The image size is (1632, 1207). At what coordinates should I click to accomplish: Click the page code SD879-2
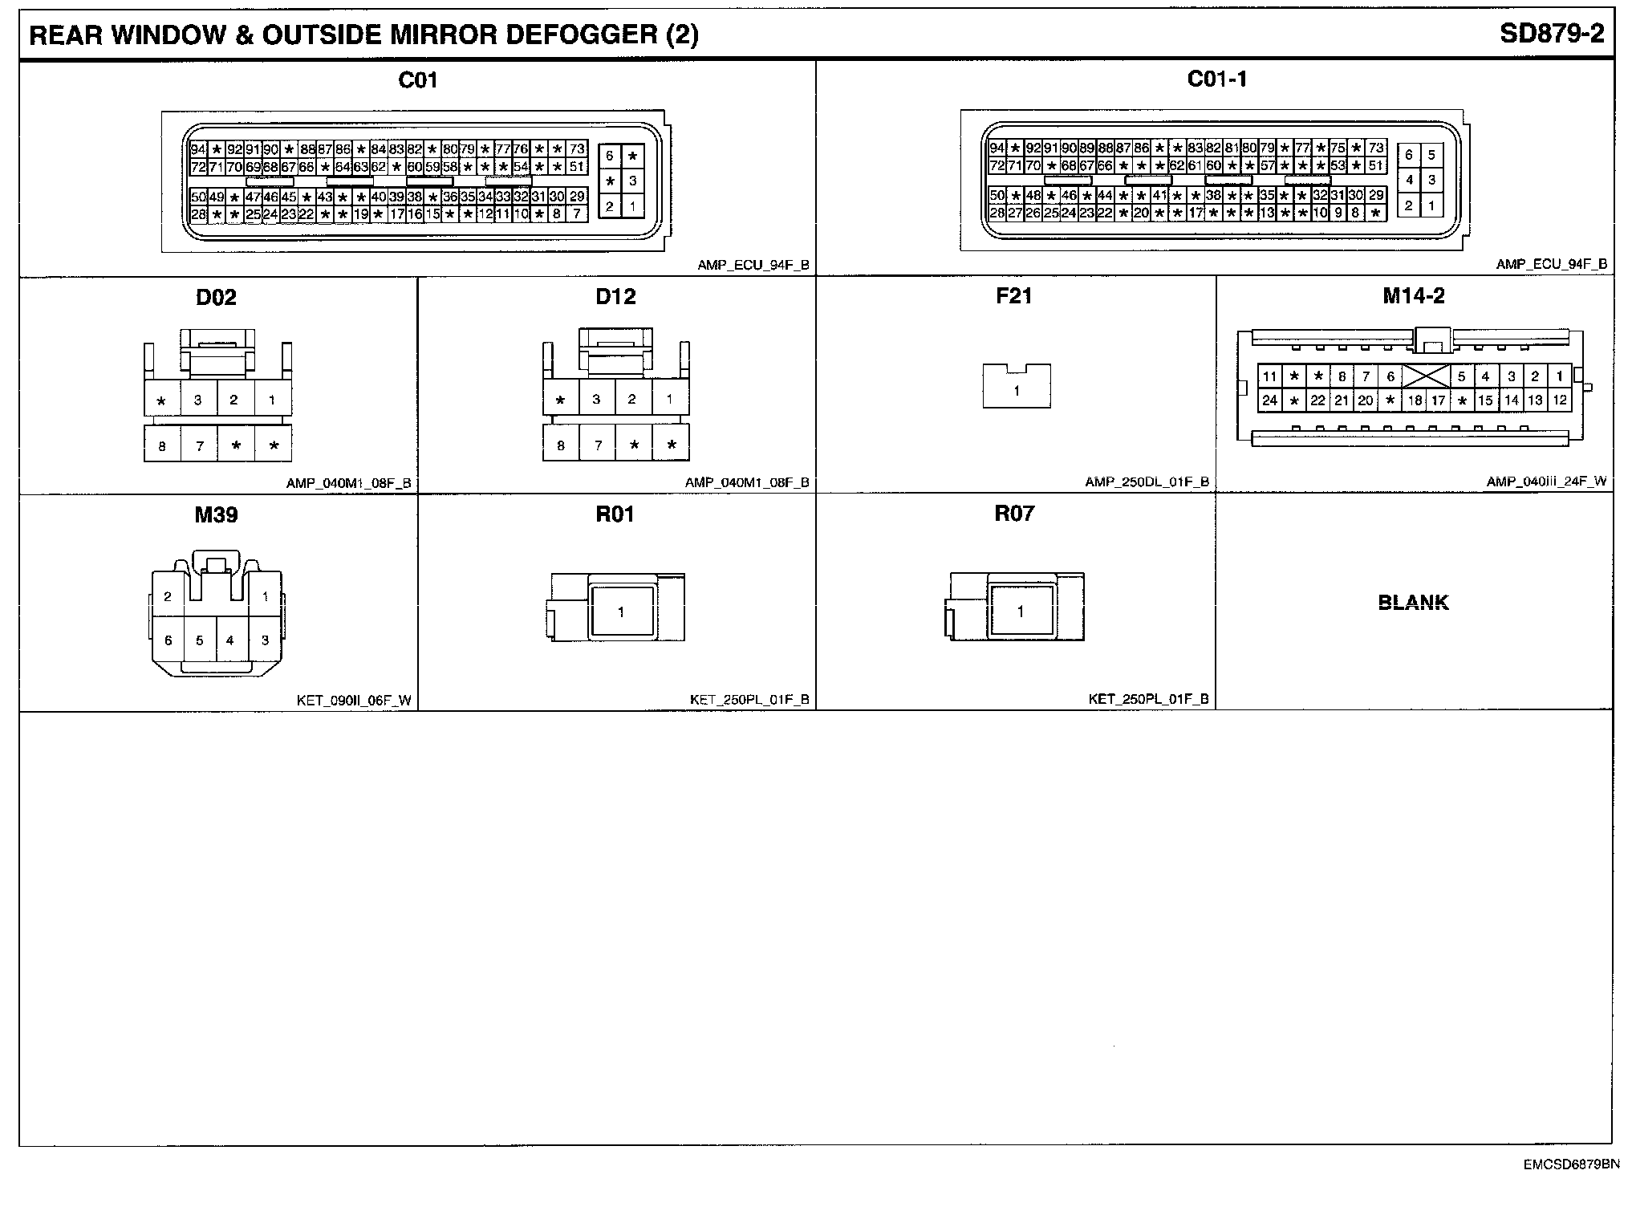coord(1551,34)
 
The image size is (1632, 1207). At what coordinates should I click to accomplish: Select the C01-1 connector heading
coord(1216,79)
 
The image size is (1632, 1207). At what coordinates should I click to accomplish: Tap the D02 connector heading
coord(216,298)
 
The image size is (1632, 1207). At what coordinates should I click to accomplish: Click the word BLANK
coord(1413,603)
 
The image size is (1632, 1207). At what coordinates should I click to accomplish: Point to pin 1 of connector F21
coord(1017,392)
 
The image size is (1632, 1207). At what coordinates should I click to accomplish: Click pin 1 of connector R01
coord(621,612)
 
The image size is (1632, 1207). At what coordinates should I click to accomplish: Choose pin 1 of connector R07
coord(1020,612)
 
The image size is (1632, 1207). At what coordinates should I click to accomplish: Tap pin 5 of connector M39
coord(200,640)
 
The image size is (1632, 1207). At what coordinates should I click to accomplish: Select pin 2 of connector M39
coord(168,596)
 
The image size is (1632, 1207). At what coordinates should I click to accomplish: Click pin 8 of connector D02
coord(162,445)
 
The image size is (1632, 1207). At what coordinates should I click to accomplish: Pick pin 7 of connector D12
coord(598,445)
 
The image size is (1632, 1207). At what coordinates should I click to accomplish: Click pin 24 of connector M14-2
coord(1269,400)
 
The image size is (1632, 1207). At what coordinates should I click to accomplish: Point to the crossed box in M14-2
coord(1426,376)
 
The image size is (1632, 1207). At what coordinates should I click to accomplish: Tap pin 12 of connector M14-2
coord(1559,400)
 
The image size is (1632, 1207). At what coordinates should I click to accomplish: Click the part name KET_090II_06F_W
coord(354,701)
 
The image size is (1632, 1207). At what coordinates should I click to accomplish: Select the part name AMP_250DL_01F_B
coord(1147,482)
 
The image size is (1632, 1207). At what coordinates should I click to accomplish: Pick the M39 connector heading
coord(216,514)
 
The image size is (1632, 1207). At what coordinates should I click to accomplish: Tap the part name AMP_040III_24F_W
coord(1546,482)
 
